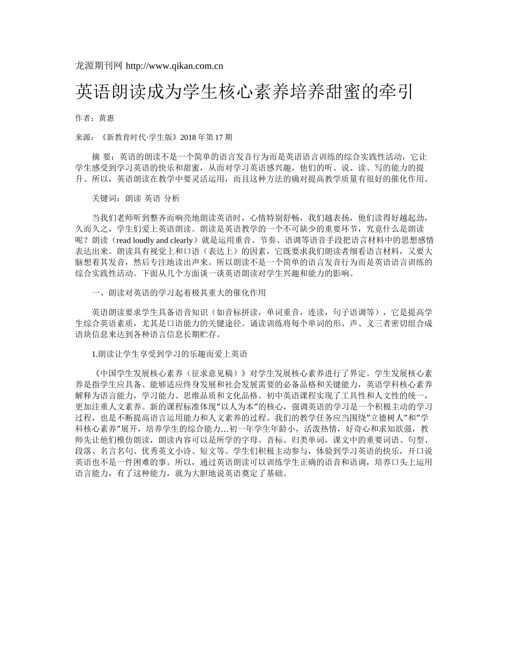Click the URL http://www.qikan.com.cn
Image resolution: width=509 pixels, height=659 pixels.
coord(174,66)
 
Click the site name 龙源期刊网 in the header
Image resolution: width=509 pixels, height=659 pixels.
coord(99,66)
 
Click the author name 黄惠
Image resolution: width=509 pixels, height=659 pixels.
coord(107,118)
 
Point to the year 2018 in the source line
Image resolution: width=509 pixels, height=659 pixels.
coord(189,137)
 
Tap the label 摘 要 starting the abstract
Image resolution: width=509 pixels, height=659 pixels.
coord(102,156)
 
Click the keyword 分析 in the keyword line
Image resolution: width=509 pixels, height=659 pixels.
coord(172,198)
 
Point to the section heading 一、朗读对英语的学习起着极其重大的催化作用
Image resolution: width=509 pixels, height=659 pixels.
coord(179,293)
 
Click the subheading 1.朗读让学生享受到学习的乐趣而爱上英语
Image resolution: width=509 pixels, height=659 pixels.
coord(169,354)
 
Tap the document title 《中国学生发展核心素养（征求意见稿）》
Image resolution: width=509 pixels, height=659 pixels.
coord(169,373)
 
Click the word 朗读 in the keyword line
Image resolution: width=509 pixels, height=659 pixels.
coord(133,198)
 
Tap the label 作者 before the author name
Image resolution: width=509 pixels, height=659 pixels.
coord(83,118)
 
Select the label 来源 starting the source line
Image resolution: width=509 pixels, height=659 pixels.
coord(83,137)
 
